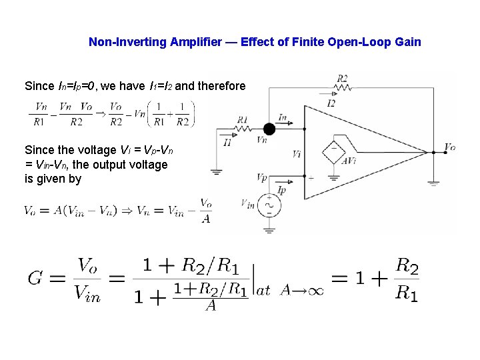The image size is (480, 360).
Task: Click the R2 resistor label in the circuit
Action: [342, 78]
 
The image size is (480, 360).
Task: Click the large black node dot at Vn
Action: [269, 129]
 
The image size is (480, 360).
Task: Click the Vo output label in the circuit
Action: [450, 147]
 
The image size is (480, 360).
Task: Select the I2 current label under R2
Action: [331, 103]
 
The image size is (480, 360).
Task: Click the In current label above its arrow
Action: [283, 118]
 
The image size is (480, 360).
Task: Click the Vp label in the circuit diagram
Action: [262, 177]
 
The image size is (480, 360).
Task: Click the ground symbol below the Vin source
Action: [269, 229]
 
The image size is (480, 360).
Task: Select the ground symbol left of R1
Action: [216, 171]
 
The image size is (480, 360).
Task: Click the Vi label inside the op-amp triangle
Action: [297, 154]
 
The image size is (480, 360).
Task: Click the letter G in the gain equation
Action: [36, 278]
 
